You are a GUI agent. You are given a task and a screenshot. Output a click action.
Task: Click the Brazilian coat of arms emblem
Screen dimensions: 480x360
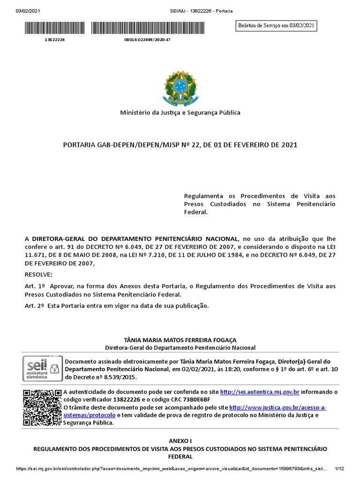(x=180, y=88)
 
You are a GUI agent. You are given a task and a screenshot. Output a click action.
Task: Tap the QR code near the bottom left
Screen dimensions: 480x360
(x=42, y=407)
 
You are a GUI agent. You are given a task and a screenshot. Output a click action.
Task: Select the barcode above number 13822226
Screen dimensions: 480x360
(x=54, y=29)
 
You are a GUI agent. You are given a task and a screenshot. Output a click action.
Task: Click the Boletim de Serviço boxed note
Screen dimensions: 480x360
(x=276, y=26)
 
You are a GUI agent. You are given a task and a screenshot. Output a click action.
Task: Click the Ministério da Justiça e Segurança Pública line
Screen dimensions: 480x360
(x=180, y=112)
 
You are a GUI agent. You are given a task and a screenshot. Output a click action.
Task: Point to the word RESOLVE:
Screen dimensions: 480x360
(x=39, y=274)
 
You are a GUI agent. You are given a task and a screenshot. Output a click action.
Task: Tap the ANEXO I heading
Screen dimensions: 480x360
(x=180, y=441)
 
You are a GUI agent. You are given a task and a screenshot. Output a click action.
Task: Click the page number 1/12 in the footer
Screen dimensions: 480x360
(x=340, y=468)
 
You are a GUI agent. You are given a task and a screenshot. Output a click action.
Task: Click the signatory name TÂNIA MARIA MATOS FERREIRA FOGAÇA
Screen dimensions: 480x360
(x=180, y=340)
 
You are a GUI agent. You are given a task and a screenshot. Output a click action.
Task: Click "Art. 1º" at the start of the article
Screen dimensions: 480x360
(x=34, y=286)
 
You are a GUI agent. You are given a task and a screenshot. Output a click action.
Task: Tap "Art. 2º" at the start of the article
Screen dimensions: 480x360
(x=34, y=306)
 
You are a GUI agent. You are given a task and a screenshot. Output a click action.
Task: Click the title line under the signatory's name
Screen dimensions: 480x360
(x=180, y=347)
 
